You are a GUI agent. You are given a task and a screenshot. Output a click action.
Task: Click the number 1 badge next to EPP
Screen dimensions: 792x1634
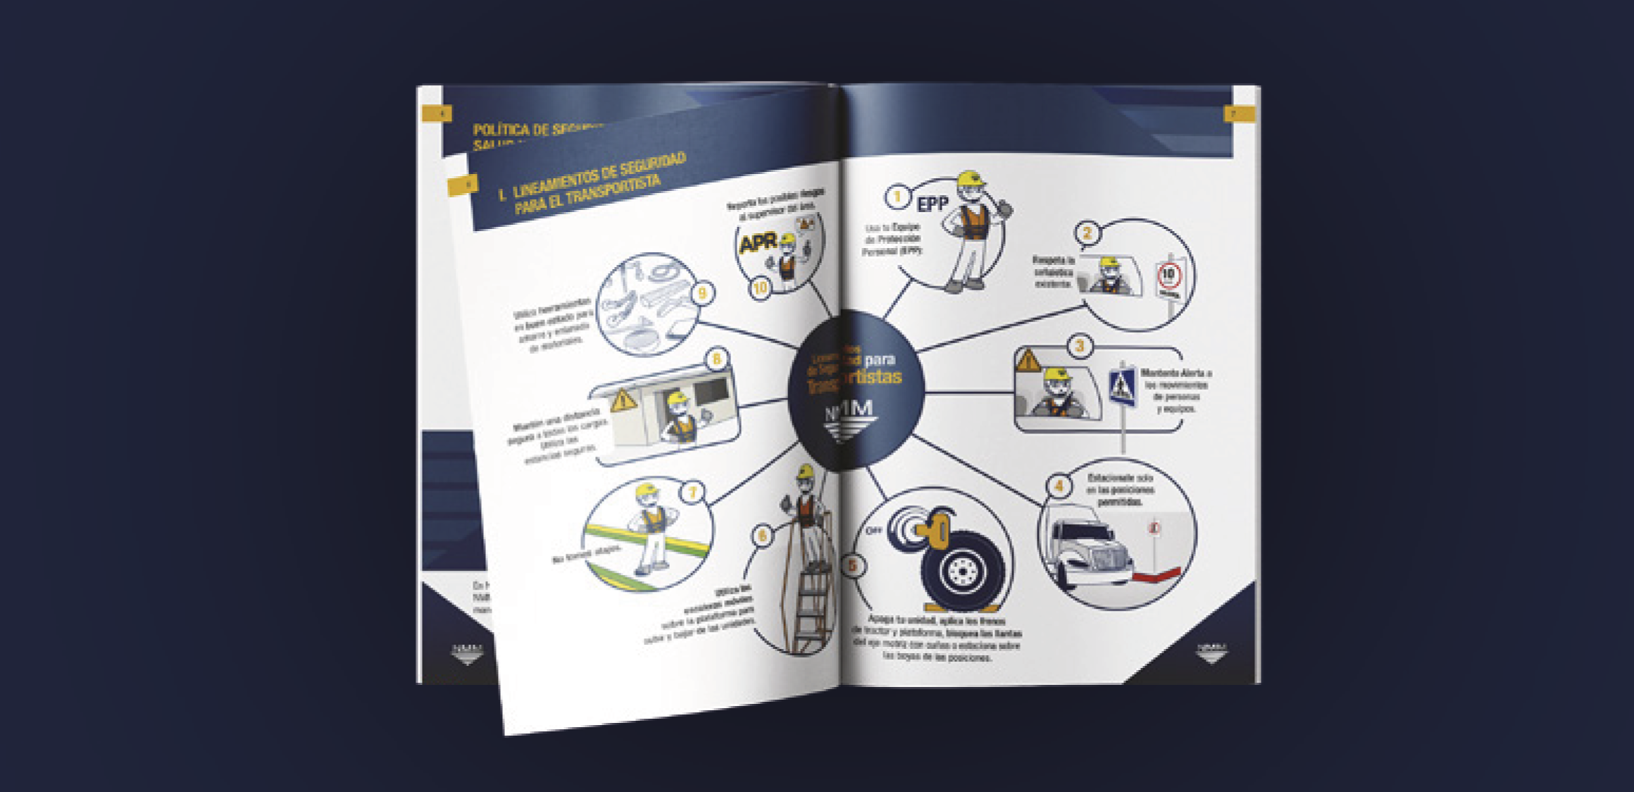pos(897,197)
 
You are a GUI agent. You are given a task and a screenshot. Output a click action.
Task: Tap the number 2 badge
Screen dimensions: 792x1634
pos(1087,233)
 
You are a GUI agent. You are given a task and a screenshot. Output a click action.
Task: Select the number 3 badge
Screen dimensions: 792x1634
pos(1079,346)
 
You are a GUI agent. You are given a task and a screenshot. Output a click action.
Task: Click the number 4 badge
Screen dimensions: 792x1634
pos(1058,485)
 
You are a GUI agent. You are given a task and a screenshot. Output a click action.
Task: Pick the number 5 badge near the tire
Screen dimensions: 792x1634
pos(853,565)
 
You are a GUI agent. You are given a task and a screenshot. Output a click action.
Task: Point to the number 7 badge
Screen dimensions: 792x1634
pos(692,492)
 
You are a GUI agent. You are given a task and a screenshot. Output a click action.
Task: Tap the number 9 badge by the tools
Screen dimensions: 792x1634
pos(702,293)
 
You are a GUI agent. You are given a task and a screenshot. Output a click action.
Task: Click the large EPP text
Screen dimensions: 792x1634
pos(933,204)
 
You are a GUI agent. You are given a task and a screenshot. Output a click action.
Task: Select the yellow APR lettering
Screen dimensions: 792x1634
pos(758,244)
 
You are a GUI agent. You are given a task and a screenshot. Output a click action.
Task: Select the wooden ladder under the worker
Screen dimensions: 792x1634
pos(810,606)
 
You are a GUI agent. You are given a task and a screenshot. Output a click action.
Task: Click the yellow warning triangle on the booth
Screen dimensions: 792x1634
pos(623,402)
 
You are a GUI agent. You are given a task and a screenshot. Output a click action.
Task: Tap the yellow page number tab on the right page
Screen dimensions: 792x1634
pos(1239,114)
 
